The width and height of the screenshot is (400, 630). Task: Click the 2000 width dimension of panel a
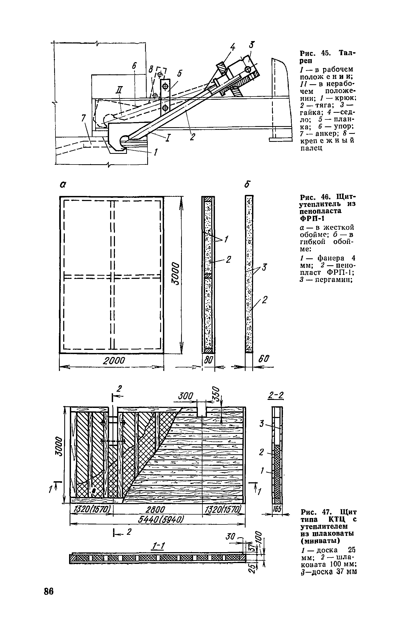click(114, 361)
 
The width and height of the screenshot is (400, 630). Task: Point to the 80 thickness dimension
click(208, 360)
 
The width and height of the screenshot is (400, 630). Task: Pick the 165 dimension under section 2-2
click(277, 509)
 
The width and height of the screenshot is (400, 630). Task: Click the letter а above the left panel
click(63, 184)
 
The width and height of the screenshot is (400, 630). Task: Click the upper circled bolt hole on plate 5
click(165, 86)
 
